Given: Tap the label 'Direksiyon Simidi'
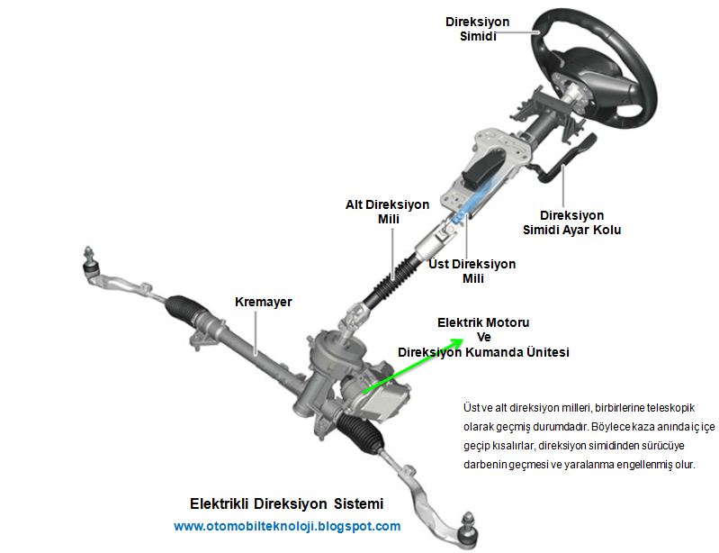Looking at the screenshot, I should pos(477,29).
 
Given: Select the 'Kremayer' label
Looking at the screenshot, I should pos(263,302).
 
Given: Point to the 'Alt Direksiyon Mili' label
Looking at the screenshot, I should pos(387,212).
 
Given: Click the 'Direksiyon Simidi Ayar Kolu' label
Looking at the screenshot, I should pos(571,222).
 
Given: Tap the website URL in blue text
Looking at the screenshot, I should pos(287,526).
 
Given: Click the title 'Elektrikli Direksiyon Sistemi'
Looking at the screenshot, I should pos(286,503).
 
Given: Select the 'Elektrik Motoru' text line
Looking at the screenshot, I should pos(483,322).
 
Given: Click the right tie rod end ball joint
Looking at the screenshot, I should pos(468,521).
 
